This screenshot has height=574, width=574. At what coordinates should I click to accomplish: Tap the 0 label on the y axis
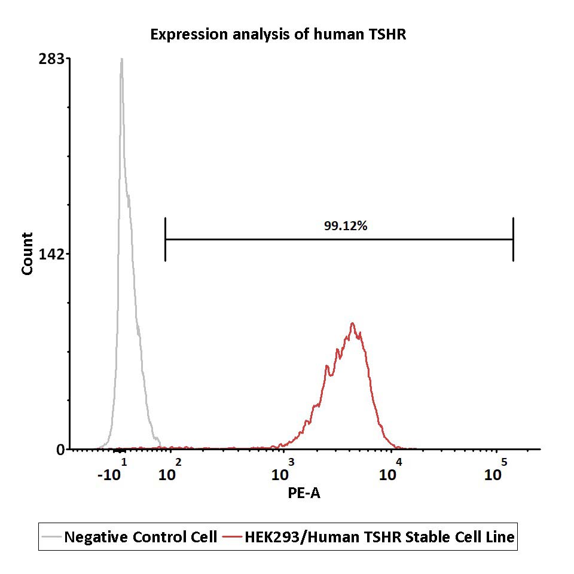tap(60, 450)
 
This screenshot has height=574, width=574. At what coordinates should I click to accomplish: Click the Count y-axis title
tap(27, 254)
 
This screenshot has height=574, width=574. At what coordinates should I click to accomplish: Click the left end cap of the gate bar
tap(164, 239)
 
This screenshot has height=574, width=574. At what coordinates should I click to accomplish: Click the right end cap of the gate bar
tap(513, 239)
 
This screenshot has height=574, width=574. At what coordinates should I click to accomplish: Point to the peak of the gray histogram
tap(121, 59)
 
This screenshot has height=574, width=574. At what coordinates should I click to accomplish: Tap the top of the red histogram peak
tap(353, 323)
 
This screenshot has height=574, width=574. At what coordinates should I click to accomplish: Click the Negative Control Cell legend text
tap(140, 537)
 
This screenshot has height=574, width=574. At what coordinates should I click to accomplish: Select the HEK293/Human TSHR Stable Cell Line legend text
tap(379, 537)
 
